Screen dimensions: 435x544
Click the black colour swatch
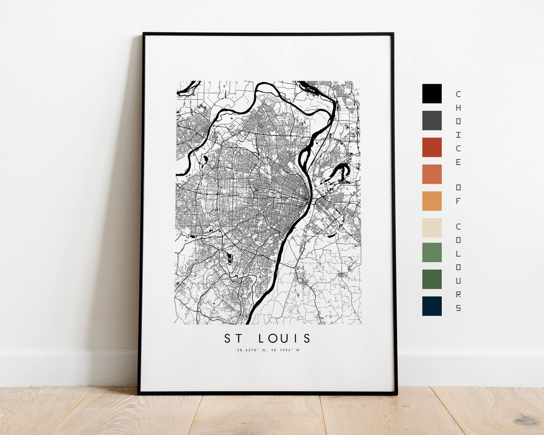click(432, 94)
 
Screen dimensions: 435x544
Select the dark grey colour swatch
click(432, 120)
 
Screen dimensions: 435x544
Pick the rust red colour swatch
click(432, 147)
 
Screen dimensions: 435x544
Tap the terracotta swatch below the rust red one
click(432, 174)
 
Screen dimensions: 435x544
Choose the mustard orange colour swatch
click(432, 201)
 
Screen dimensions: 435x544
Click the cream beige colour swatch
click(432, 228)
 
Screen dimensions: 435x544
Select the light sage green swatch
click(432, 252)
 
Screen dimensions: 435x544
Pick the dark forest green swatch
click(432, 279)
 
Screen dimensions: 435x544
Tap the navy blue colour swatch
click(432, 306)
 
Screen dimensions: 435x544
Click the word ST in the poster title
click(233, 338)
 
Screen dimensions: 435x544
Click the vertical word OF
click(458, 193)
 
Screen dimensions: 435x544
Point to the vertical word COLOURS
click(458, 267)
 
